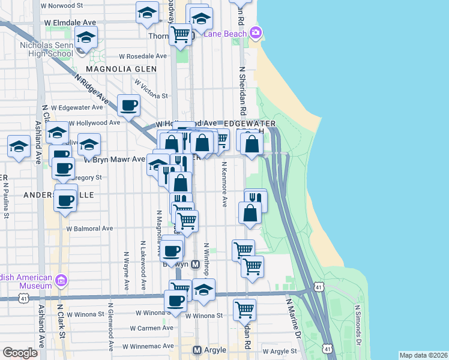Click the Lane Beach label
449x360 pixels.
[225, 34]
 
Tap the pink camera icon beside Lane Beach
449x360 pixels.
[256, 32]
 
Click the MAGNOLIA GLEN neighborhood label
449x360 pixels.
[121, 69]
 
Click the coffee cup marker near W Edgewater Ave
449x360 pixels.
[128, 106]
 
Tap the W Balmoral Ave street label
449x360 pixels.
[89, 229]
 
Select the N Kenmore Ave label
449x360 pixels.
[224, 184]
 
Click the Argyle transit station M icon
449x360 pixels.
[197, 350]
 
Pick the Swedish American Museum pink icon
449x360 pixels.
[60, 280]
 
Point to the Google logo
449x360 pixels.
[20, 353]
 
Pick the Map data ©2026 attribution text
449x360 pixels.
[423, 355]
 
